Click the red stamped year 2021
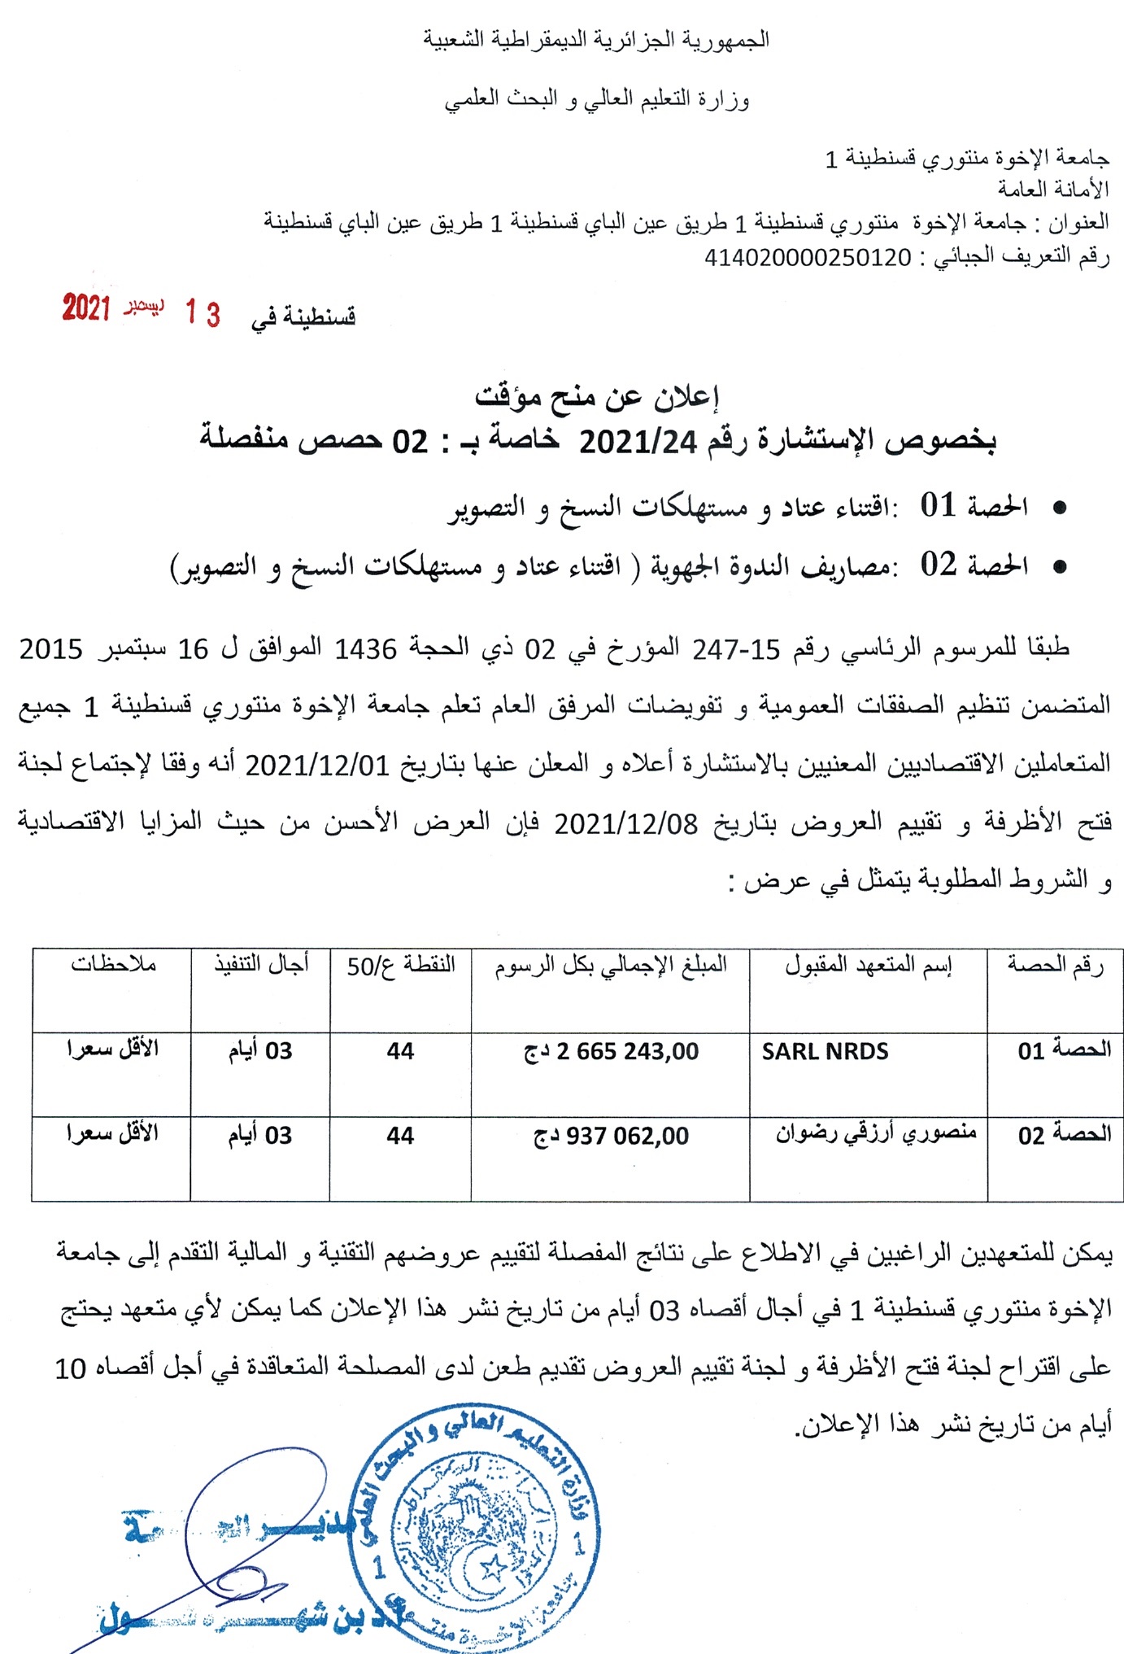[86, 308]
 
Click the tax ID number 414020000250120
[808, 258]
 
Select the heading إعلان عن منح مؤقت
[597, 396]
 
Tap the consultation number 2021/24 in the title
[638, 442]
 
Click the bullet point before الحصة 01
[1059, 508]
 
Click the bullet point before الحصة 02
[1059, 567]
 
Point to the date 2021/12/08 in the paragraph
[626, 824]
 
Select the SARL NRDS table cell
[825, 1051]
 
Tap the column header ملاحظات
[113, 964]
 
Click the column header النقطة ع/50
[401, 966]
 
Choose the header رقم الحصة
[1055, 965]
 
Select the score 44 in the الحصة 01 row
[400, 1051]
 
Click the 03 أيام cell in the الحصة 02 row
[259, 1136]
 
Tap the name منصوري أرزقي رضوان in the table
[875, 1132]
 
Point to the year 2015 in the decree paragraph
[50, 649]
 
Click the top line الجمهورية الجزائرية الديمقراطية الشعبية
[596, 39]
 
